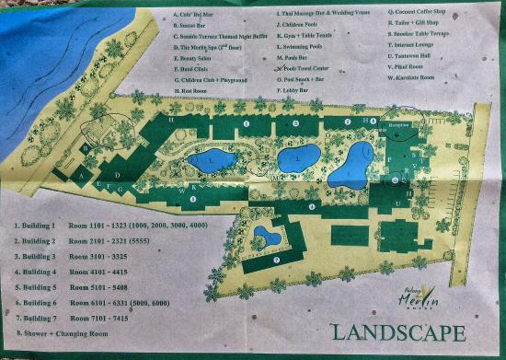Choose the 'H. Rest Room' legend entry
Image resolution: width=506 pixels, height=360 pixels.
pyautogui.click(x=196, y=92)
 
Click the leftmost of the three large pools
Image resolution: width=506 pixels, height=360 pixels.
pyautogui.click(x=213, y=160)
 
